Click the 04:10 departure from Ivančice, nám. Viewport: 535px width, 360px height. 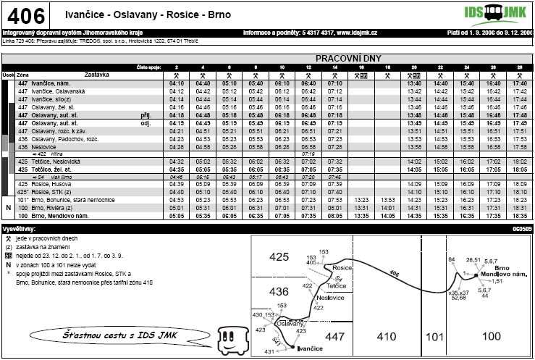[177, 84]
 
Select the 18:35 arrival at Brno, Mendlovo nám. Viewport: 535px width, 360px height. [519, 216]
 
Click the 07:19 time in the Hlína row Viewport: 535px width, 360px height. [308, 154]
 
